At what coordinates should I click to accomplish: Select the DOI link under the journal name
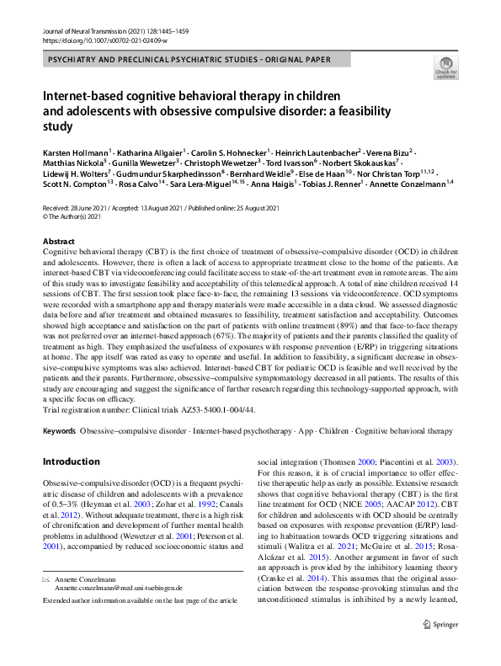coord(98,40)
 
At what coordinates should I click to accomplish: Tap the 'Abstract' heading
coord(58,241)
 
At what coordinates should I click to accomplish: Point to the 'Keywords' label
coord(59,431)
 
